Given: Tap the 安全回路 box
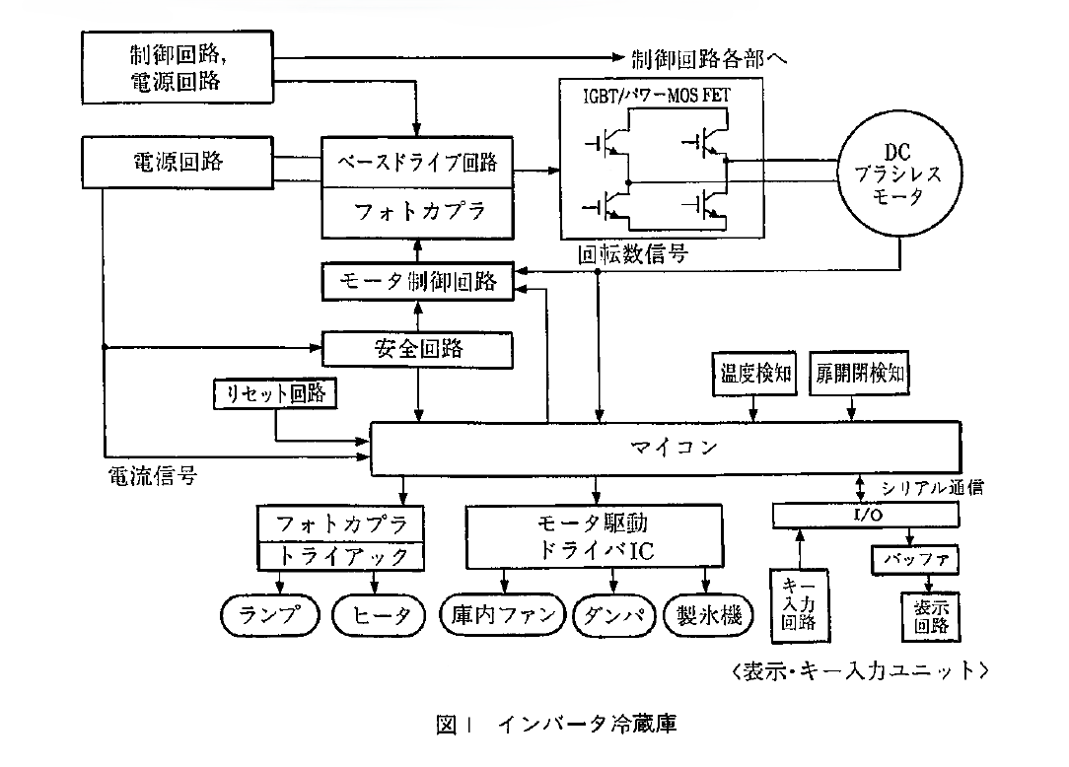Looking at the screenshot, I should [x=419, y=348].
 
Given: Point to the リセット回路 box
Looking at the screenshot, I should [x=275, y=394].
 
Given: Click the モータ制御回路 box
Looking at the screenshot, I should [x=419, y=283].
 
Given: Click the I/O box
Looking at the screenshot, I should [x=864, y=515].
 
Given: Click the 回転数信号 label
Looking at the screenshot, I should [x=633, y=254].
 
